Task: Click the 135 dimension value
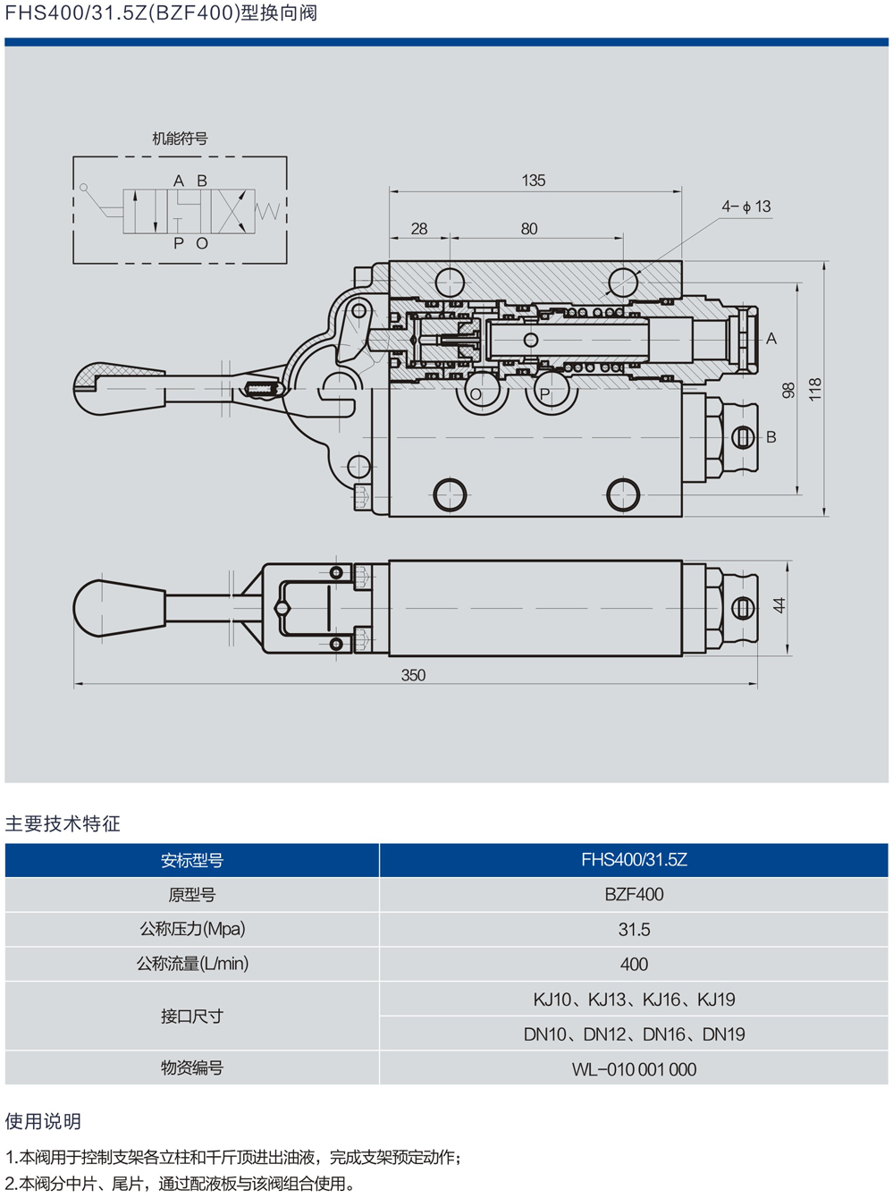click(x=534, y=181)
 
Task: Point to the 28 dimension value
click(x=419, y=229)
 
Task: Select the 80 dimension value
click(x=529, y=229)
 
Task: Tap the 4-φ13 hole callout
click(x=746, y=207)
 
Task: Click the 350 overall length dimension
click(x=413, y=675)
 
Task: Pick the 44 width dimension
click(x=779, y=606)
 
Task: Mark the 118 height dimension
click(x=814, y=389)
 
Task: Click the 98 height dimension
click(x=788, y=391)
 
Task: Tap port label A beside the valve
click(x=771, y=339)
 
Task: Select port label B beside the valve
click(x=771, y=437)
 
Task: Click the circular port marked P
click(x=544, y=393)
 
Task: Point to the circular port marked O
click(x=476, y=393)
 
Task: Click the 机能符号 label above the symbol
click(x=180, y=139)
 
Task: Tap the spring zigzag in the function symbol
click(x=268, y=211)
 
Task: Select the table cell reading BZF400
click(x=634, y=894)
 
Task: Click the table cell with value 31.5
click(x=634, y=930)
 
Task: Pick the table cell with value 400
click(x=634, y=965)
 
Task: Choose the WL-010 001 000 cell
click(x=634, y=1069)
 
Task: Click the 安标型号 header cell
click(x=192, y=860)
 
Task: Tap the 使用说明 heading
click(x=43, y=1121)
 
